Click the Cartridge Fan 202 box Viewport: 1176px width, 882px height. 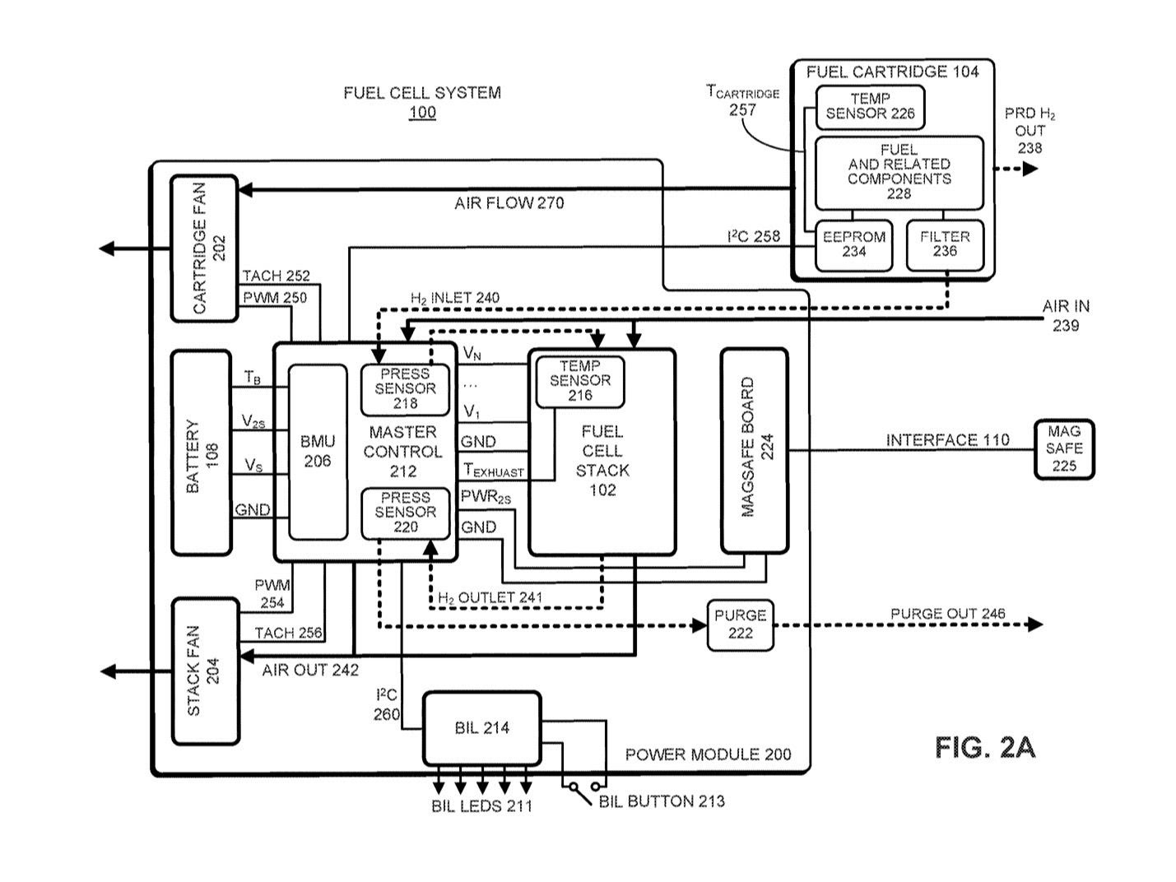coord(204,248)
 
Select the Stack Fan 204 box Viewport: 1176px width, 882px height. coord(205,671)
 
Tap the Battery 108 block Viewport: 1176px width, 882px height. coord(202,453)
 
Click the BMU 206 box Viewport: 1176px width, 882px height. coord(318,452)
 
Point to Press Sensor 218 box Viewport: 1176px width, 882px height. coord(406,388)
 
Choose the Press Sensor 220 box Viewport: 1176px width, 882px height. coord(406,513)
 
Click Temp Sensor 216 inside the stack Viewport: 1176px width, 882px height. coord(579,381)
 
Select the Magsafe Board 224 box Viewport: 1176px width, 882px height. coord(754,450)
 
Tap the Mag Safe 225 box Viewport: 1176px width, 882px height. coord(1063,448)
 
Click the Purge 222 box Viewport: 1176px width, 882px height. coord(740,624)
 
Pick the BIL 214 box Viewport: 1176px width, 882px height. coord(481,728)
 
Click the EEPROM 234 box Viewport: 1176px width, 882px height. coord(853,244)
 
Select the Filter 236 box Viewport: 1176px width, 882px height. coord(945,244)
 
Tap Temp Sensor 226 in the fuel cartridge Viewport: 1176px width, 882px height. coord(870,107)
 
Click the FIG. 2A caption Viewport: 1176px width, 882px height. coord(984,747)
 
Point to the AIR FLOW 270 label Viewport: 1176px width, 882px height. coord(509,202)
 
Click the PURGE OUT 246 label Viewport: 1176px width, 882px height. coord(947,614)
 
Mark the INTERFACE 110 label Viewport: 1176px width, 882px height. coord(947,440)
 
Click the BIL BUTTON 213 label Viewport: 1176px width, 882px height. coord(662,801)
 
